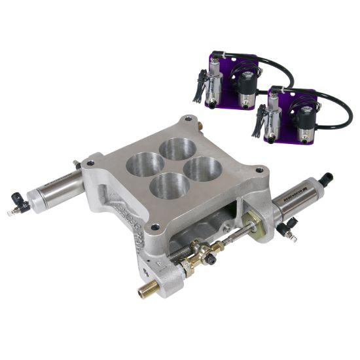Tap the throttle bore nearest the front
point(169,186)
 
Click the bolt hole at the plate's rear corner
point(189,120)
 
